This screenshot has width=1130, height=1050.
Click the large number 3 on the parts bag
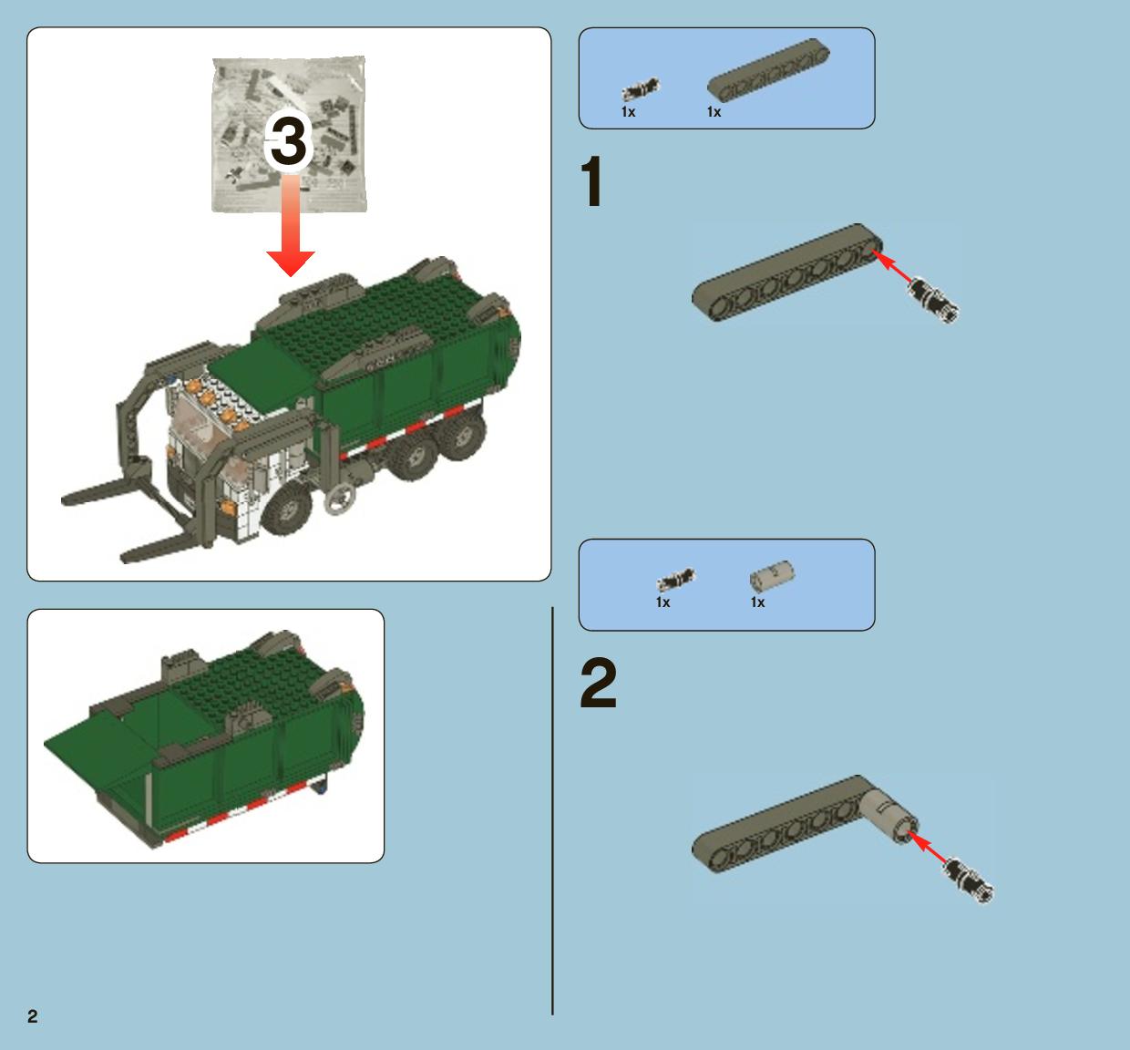(x=289, y=140)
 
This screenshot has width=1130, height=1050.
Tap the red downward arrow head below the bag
(x=290, y=263)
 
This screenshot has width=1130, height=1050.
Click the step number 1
(x=591, y=181)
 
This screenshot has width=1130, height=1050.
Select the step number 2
(x=598, y=683)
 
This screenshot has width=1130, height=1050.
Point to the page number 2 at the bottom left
(x=33, y=1016)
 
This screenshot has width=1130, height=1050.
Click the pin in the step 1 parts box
(x=640, y=89)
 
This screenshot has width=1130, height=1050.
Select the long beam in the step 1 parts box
(x=768, y=70)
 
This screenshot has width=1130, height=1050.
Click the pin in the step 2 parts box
(x=675, y=580)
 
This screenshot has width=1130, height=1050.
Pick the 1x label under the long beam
(x=714, y=112)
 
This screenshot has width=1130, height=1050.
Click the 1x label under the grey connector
(x=758, y=602)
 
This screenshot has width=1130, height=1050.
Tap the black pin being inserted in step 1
(x=933, y=299)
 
